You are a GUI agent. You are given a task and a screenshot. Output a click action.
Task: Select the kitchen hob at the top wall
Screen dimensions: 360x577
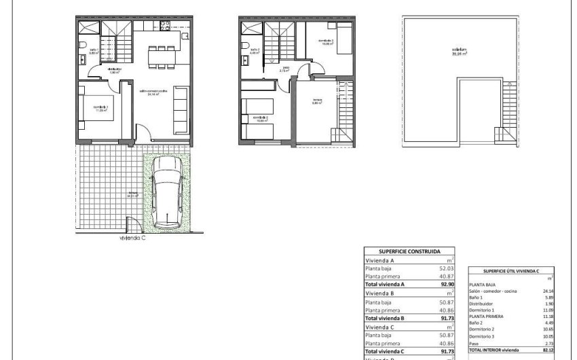point(164,28)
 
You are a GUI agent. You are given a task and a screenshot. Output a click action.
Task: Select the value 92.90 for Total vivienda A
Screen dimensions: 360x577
point(445,285)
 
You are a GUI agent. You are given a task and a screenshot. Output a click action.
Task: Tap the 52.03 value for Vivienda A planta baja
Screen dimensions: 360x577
point(445,269)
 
